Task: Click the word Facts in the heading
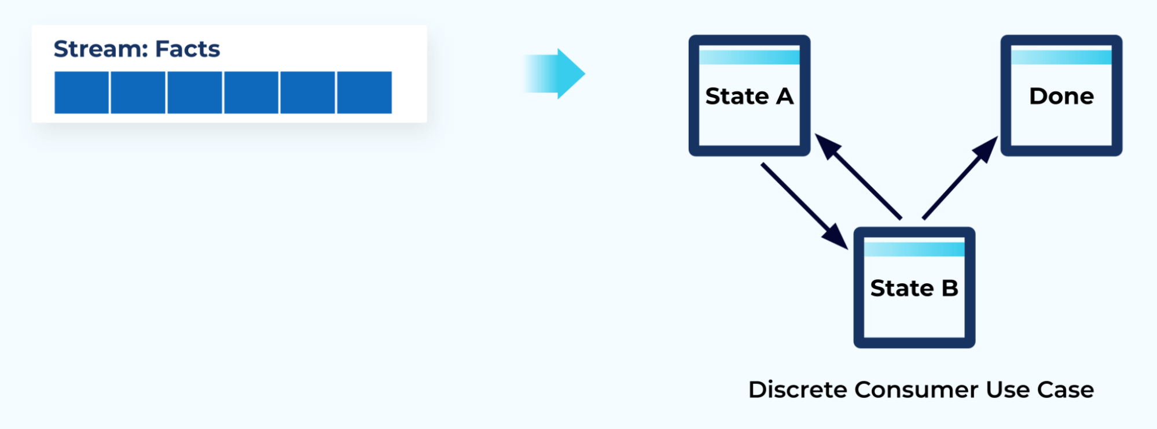(188, 49)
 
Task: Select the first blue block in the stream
(82, 93)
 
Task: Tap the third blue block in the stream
(194, 93)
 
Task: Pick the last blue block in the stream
(364, 93)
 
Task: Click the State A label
(749, 96)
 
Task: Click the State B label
(914, 288)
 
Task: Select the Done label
(1061, 96)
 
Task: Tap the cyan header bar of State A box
(749, 57)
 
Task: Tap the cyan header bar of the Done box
(1061, 57)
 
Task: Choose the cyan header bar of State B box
(914, 249)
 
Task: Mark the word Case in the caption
(1065, 390)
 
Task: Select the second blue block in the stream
(138, 93)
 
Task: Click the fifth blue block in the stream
(307, 93)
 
